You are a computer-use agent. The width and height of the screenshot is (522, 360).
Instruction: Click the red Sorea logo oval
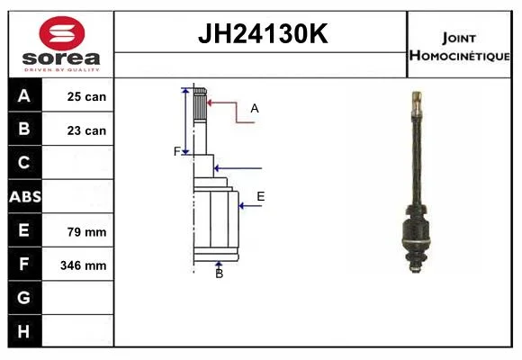[62, 33]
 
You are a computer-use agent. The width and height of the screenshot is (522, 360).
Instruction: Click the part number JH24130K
[263, 33]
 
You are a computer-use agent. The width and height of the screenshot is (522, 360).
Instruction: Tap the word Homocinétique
[459, 56]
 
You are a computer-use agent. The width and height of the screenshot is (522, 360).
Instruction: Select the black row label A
[25, 95]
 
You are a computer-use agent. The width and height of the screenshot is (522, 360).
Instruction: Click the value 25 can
[86, 96]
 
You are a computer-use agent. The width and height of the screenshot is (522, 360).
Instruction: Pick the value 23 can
[86, 130]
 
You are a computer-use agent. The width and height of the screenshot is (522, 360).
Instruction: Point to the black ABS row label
[25, 196]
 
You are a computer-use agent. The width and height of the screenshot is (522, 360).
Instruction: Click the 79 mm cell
[86, 232]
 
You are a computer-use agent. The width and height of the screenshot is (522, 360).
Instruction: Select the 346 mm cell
[83, 265]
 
